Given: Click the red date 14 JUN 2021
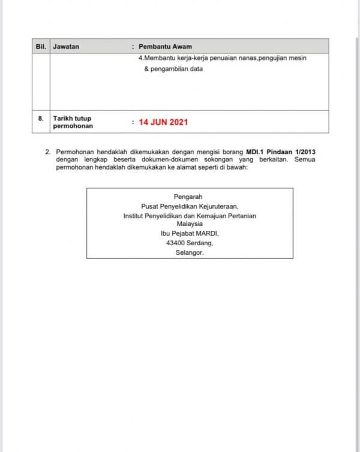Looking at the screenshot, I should (x=163, y=122).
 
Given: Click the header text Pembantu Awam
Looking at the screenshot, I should (x=165, y=46).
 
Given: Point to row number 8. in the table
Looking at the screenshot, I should (x=41, y=119).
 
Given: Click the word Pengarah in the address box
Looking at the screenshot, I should (x=188, y=197).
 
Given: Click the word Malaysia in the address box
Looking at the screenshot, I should (x=190, y=224).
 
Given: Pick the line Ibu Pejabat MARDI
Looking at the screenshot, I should (x=190, y=234).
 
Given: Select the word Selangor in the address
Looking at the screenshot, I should (x=190, y=253).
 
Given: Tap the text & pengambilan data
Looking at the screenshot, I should (x=173, y=69).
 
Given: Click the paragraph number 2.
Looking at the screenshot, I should (x=48, y=152).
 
